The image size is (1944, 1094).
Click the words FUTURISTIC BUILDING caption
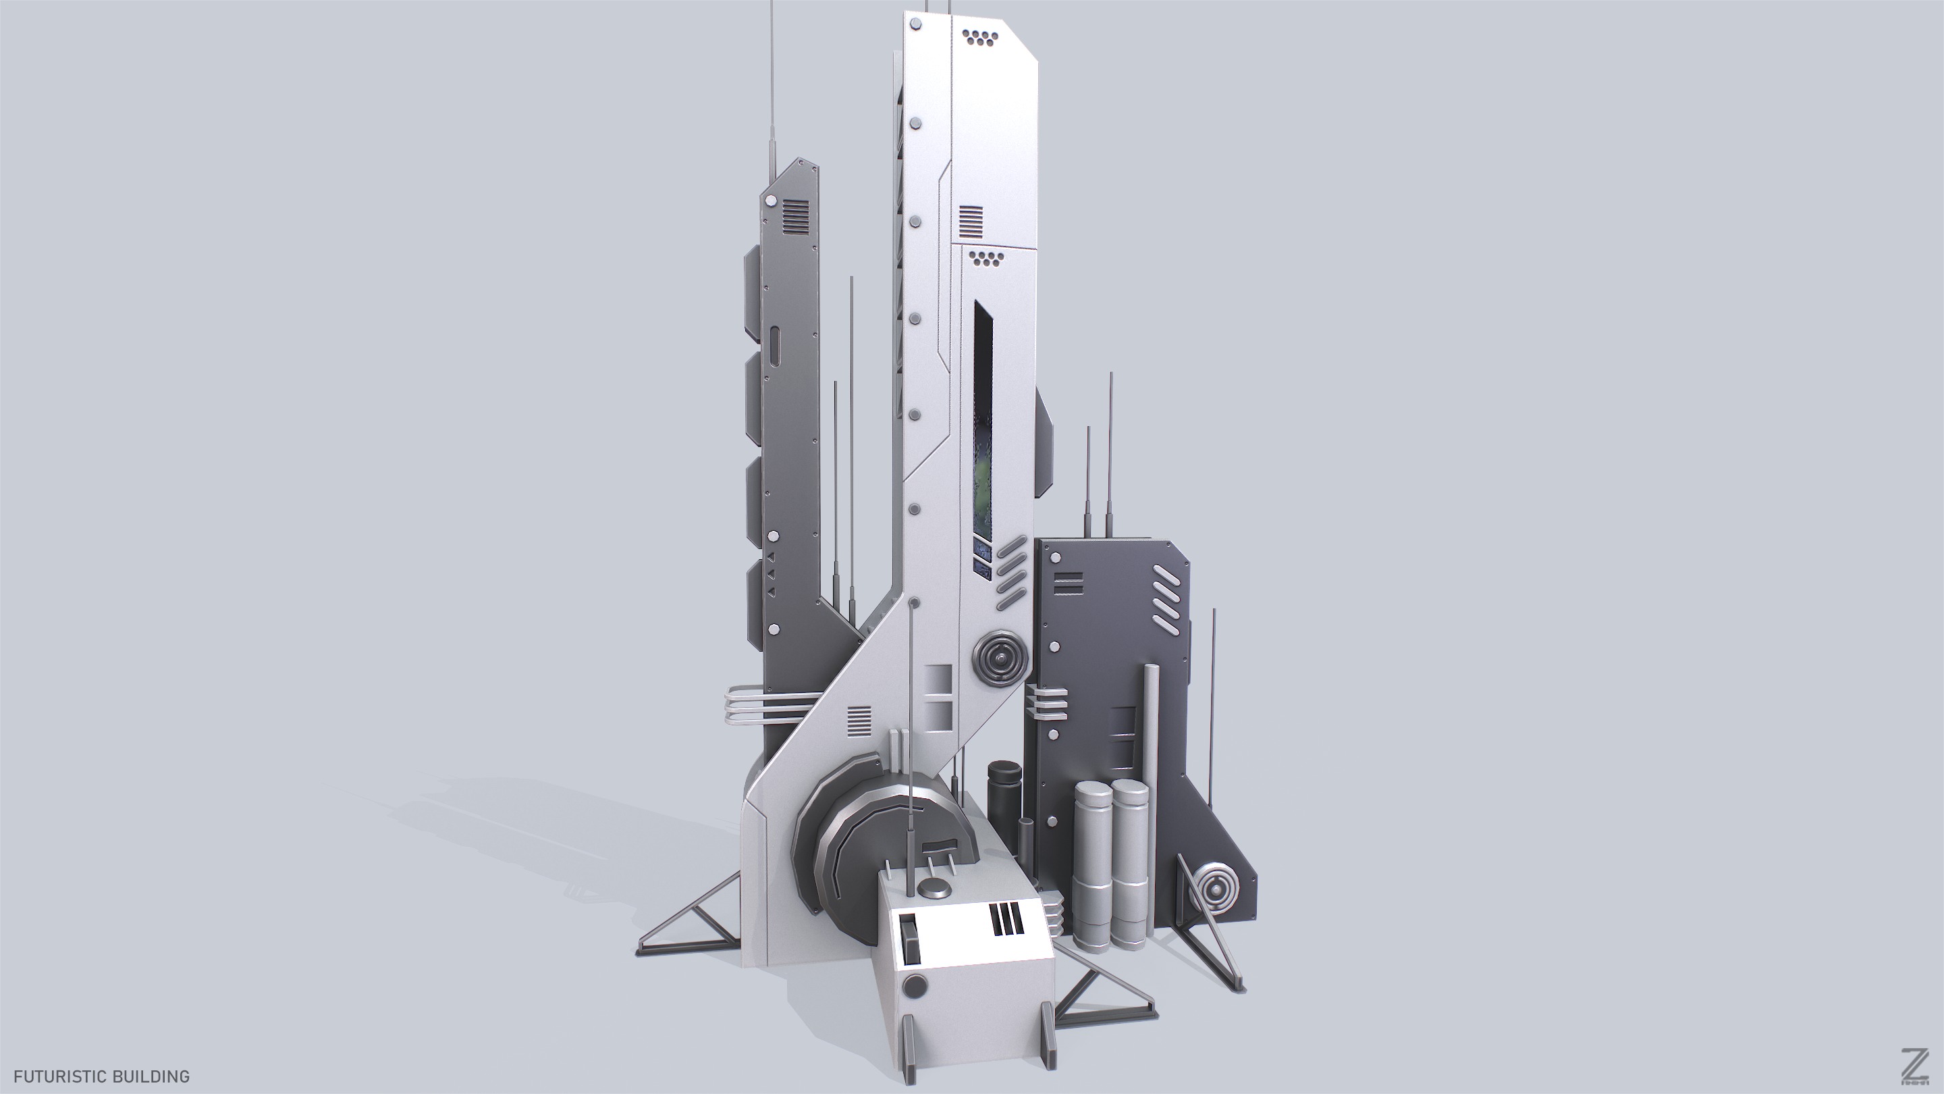[x=101, y=1076]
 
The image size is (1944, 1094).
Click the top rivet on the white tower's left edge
[x=916, y=26]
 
